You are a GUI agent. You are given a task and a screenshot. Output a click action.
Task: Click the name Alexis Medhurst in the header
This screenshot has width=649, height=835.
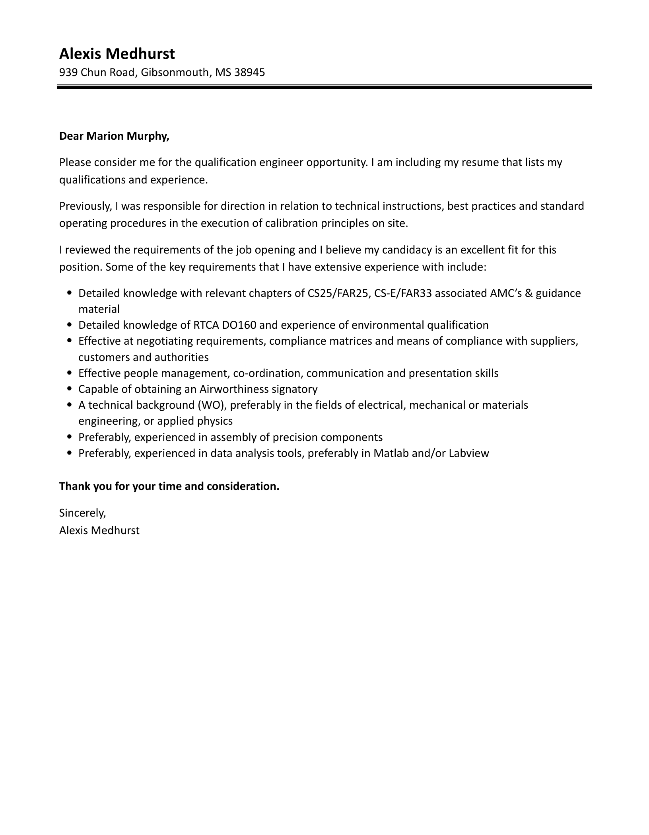click(117, 54)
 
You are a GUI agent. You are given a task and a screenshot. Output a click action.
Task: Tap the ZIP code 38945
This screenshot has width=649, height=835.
click(249, 72)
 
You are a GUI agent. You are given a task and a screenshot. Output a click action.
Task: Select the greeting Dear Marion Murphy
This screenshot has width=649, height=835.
click(114, 136)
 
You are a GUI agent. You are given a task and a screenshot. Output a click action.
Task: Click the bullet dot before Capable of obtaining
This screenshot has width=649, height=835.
click(70, 389)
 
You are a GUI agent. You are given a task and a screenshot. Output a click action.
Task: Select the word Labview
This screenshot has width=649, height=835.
click(469, 453)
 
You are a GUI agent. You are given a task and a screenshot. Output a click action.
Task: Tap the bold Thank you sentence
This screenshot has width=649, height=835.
click(169, 486)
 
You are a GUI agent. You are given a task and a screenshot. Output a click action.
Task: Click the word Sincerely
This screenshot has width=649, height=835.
click(82, 513)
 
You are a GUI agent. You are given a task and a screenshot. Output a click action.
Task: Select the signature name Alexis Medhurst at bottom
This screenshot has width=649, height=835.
click(99, 530)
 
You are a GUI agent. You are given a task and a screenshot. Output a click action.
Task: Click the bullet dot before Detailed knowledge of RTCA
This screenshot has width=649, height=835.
click(70, 325)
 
